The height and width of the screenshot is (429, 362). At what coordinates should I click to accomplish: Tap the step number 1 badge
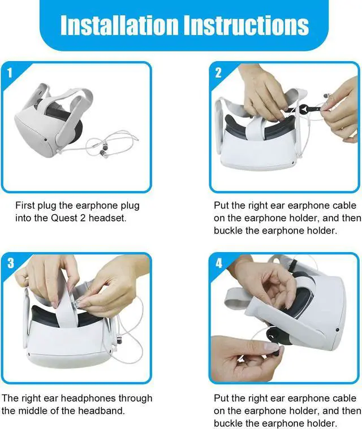(x=10, y=72)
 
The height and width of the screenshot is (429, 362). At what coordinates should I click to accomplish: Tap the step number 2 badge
(x=218, y=72)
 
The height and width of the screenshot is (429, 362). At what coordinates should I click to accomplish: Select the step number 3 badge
(x=10, y=263)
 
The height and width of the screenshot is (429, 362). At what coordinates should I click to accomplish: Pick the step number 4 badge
(x=218, y=263)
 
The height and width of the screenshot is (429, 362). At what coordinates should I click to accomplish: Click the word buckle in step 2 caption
(x=228, y=231)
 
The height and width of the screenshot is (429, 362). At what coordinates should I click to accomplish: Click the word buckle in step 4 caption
(x=228, y=423)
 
